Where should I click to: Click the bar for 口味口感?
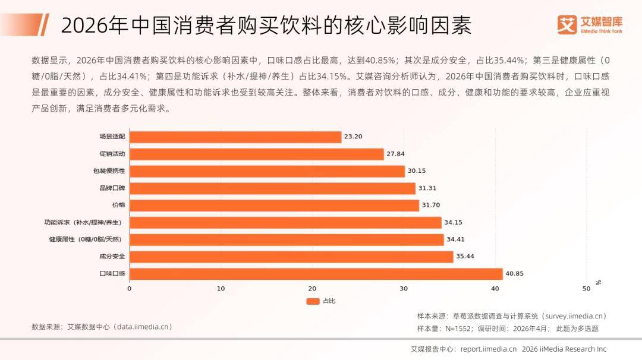click(316, 274)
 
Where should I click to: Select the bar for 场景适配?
click(235, 137)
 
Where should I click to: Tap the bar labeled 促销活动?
click(257, 154)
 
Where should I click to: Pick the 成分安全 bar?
click(291, 257)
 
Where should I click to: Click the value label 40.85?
click(514, 274)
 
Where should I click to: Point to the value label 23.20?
click(353, 137)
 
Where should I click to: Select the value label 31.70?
click(431, 205)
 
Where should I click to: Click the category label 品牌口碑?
click(112, 188)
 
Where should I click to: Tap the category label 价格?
click(119, 205)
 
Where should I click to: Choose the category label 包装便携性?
click(109, 171)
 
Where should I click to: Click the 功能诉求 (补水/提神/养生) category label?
click(83, 223)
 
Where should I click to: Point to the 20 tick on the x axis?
click(313, 289)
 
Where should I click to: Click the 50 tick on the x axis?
click(586, 289)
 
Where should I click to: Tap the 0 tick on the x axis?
click(130, 289)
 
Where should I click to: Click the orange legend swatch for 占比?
click(313, 302)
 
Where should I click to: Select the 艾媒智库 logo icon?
click(567, 24)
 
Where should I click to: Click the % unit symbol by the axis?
click(598, 283)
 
